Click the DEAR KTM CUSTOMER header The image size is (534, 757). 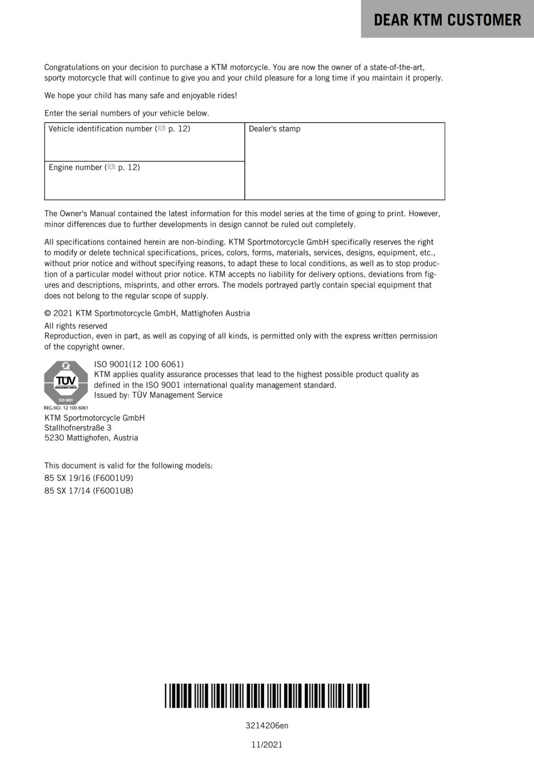(447, 20)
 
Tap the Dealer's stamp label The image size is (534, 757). (274, 129)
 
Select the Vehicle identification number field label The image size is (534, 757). (100, 129)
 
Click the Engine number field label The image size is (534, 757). (75, 167)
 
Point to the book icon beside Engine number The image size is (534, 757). (111, 167)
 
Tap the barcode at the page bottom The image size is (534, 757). (267, 695)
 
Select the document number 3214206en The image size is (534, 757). (267, 725)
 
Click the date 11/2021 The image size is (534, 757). (267, 745)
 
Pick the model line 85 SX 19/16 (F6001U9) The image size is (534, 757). (89, 478)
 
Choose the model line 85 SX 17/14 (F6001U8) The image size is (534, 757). (89, 491)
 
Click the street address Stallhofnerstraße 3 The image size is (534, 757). (78, 428)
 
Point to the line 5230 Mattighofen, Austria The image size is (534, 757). (91, 438)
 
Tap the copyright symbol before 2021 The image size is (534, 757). (48, 313)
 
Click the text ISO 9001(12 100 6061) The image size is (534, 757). (139, 364)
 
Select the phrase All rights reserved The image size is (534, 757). (76, 326)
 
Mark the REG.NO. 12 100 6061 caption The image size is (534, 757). (66, 408)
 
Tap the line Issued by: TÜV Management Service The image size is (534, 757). (158, 395)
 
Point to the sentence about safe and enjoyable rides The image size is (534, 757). (141, 96)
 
